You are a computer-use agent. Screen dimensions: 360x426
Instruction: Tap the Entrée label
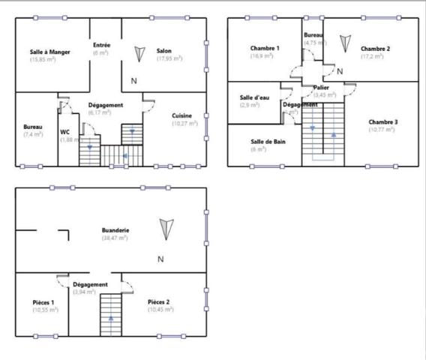tap(101, 45)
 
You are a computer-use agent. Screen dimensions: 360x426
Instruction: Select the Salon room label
tap(164, 51)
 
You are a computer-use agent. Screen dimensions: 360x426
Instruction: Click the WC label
tap(65, 131)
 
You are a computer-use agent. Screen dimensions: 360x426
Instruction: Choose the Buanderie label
tap(115, 229)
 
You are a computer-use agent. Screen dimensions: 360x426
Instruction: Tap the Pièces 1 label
tap(43, 302)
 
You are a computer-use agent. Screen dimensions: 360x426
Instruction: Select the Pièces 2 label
tap(159, 302)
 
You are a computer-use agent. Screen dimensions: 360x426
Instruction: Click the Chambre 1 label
tap(265, 49)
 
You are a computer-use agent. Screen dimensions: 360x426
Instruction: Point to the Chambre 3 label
tap(383, 121)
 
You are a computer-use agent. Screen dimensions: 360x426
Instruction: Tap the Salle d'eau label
tap(254, 97)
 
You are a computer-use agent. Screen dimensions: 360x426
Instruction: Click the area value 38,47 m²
tap(115, 237)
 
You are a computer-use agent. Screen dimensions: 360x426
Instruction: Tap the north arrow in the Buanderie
tap(166, 226)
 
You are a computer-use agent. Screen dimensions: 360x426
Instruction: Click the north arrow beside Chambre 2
tap(343, 43)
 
